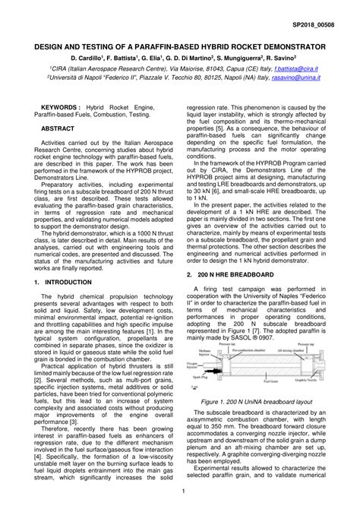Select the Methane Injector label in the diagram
pyautogui.click(x=197, y=352)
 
